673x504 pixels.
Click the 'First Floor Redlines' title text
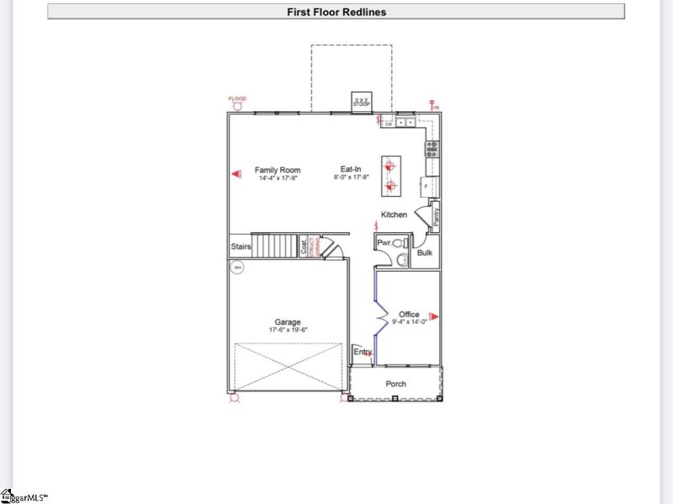click(336, 12)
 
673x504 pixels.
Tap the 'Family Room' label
click(278, 170)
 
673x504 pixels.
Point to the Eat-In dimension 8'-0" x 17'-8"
click(354, 178)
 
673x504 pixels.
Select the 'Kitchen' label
click(394, 215)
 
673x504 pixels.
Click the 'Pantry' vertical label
click(436, 216)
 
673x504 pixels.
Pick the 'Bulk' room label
click(425, 252)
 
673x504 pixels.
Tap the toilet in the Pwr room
click(400, 243)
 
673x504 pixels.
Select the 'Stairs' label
click(241, 247)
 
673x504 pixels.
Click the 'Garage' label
click(287, 322)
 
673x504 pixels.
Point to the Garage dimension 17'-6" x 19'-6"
click(287, 331)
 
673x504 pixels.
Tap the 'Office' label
click(409, 314)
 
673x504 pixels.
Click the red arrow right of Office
click(434, 316)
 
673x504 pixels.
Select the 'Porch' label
click(395, 384)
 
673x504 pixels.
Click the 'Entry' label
click(362, 352)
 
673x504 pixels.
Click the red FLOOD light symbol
click(237, 105)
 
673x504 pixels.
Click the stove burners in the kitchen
click(432, 149)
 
